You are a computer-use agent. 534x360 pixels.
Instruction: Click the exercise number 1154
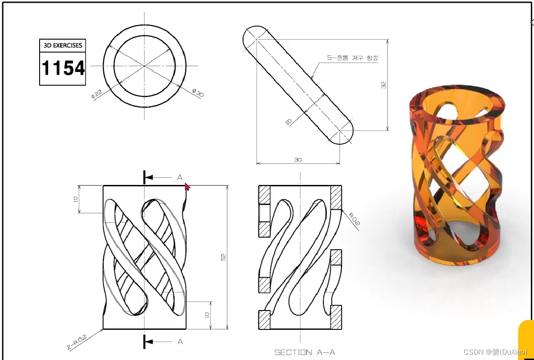pos(63,67)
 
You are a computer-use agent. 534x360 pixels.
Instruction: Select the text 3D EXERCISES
pos(63,45)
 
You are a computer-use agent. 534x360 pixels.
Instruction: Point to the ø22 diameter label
pos(97,94)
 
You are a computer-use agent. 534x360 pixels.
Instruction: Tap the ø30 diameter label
pos(198,93)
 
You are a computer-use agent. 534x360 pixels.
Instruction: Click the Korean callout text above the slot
pos(353,58)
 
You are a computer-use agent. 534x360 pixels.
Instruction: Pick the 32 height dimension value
pos(384,85)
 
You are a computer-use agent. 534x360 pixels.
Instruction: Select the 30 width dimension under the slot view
pos(298,159)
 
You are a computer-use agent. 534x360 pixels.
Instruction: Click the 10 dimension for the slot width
pos(289,122)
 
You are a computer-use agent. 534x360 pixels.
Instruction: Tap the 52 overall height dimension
pos(223,257)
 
